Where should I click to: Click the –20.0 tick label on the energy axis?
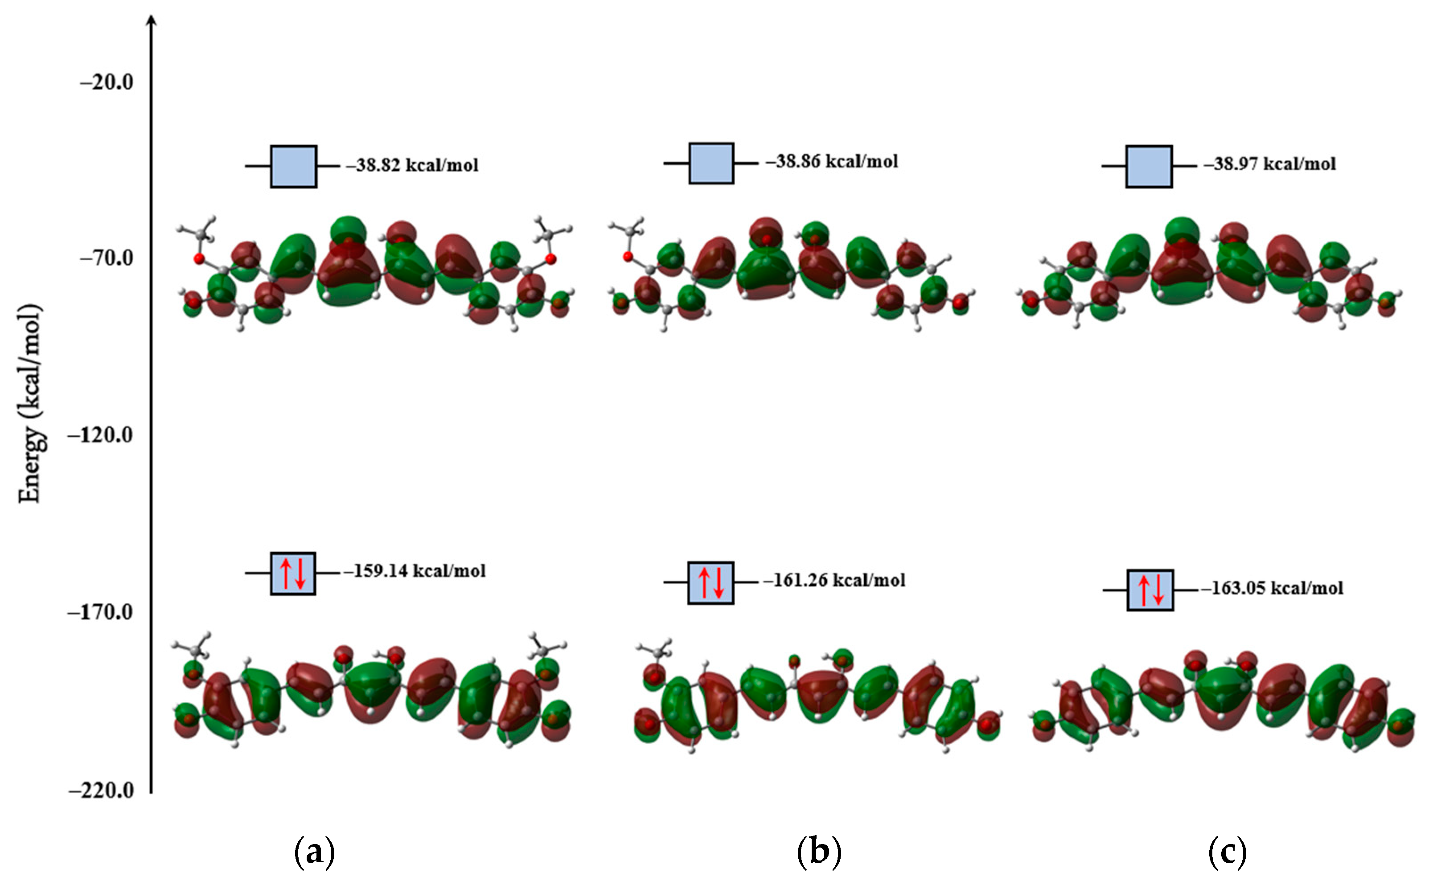(107, 82)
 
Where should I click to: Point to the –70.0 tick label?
(107, 258)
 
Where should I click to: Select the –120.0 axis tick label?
(101, 435)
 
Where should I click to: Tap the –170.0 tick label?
(101, 612)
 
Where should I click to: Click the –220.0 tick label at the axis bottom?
(101, 791)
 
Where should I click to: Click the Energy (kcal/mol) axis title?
(30, 404)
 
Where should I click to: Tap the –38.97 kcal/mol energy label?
(1270, 164)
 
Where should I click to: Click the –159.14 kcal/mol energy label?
(415, 571)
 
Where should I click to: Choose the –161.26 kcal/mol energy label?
(834, 580)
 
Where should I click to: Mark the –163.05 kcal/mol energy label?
(1272, 588)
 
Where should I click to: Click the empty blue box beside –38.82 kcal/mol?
(293, 167)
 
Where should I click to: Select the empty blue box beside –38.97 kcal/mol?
(1149, 167)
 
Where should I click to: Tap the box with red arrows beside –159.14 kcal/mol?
(293, 574)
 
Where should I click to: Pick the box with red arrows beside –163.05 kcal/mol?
(1150, 590)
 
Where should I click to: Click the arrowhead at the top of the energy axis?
(152, 21)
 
